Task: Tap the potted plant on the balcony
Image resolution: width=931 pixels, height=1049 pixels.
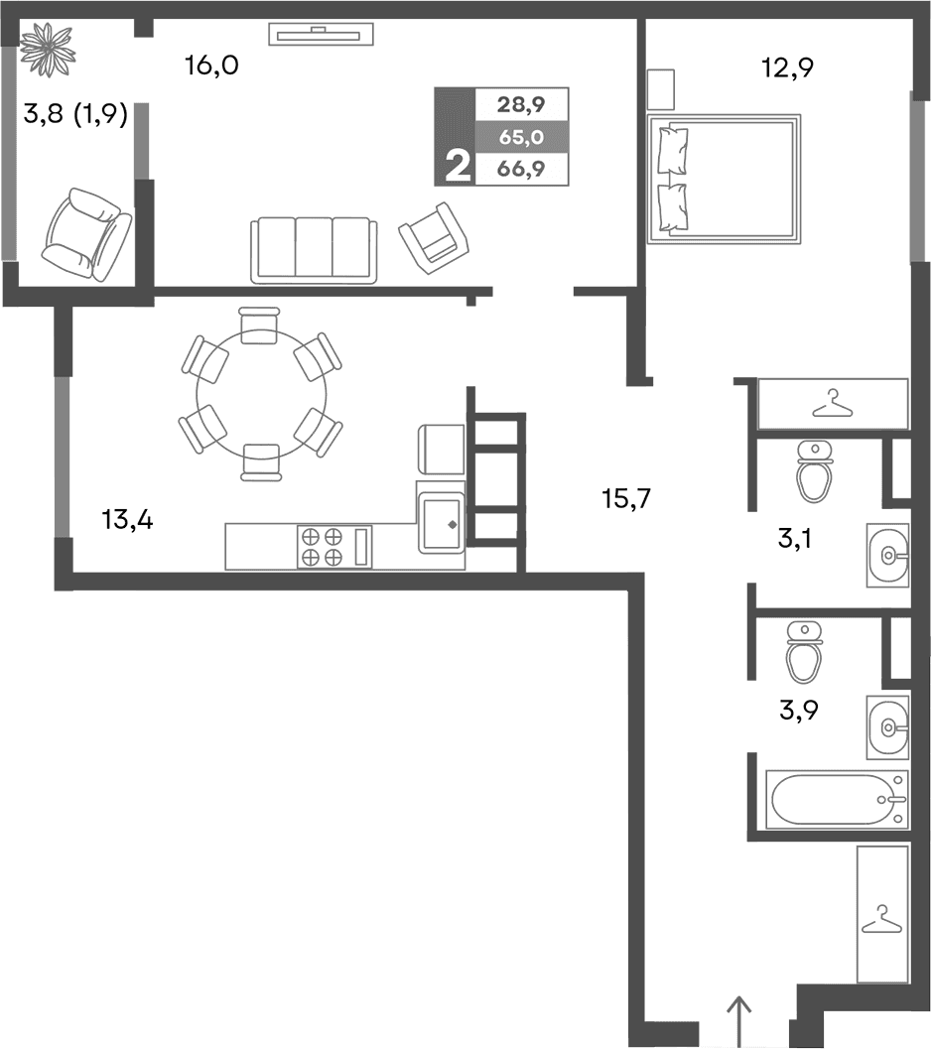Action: tap(48, 46)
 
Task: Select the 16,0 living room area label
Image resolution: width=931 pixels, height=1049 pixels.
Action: tap(211, 66)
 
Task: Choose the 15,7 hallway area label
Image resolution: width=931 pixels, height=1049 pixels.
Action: tap(625, 498)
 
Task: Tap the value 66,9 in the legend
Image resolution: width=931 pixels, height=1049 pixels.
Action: tap(522, 169)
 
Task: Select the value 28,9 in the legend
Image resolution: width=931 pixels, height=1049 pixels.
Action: tap(522, 103)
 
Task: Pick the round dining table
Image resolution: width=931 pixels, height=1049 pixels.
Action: tap(260, 394)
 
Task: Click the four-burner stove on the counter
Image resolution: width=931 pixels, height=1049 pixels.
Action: tap(322, 547)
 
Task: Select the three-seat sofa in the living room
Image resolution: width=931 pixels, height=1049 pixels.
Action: tap(314, 249)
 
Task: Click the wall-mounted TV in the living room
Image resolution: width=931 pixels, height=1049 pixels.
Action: tap(321, 35)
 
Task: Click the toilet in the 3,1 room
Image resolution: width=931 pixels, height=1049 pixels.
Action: tap(815, 471)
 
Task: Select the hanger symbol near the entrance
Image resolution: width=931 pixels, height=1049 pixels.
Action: tap(880, 919)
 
